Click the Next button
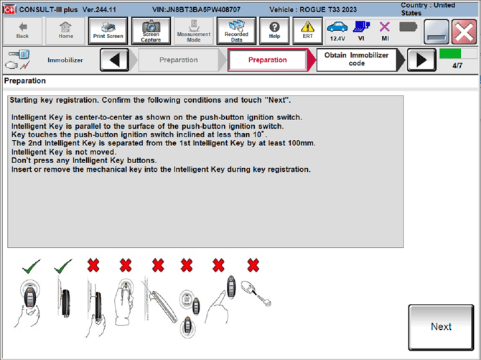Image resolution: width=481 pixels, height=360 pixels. pyautogui.click(x=441, y=327)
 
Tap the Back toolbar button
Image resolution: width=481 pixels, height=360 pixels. pyautogui.click(x=22, y=30)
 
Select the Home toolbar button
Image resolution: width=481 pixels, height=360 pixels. pyautogui.click(x=65, y=30)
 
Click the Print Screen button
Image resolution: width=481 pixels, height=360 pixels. pyautogui.click(x=108, y=30)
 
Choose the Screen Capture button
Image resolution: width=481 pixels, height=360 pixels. pyautogui.click(x=151, y=30)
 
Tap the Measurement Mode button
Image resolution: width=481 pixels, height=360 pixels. pyautogui.click(x=194, y=30)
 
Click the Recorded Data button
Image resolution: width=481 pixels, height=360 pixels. pyautogui.click(x=236, y=30)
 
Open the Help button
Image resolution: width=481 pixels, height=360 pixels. pyautogui.click(x=274, y=30)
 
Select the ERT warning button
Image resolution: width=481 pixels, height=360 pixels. pyautogui.click(x=307, y=30)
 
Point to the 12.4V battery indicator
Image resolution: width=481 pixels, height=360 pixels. pyautogui.click(x=337, y=31)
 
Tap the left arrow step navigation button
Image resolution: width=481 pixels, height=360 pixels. pyautogui.click(x=115, y=60)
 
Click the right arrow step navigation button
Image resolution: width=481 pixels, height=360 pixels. pyautogui.click(x=421, y=60)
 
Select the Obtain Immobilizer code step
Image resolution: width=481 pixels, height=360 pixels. pyautogui.click(x=356, y=60)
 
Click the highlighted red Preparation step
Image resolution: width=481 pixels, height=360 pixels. pyautogui.click(x=268, y=60)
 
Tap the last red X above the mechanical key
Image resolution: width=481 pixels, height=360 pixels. pyautogui.click(x=253, y=266)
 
